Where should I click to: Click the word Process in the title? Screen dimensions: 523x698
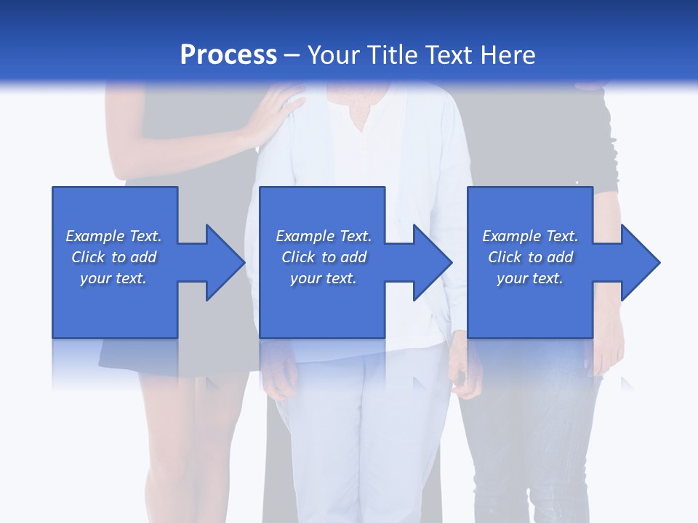[x=228, y=55]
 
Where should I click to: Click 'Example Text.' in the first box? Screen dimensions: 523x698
[x=113, y=236]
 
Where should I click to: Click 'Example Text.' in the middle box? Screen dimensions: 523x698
[x=324, y=236]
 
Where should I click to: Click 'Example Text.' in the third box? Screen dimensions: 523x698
[x=530, y=236]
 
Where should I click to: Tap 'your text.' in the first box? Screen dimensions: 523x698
[x=113, y=278]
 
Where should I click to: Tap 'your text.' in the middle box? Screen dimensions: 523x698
[x=324, y=278]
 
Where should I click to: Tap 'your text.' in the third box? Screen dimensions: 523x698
[x=530, y=278]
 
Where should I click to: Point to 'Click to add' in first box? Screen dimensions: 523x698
[x=113, y=257]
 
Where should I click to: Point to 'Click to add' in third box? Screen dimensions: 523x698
[x=530, y=257]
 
